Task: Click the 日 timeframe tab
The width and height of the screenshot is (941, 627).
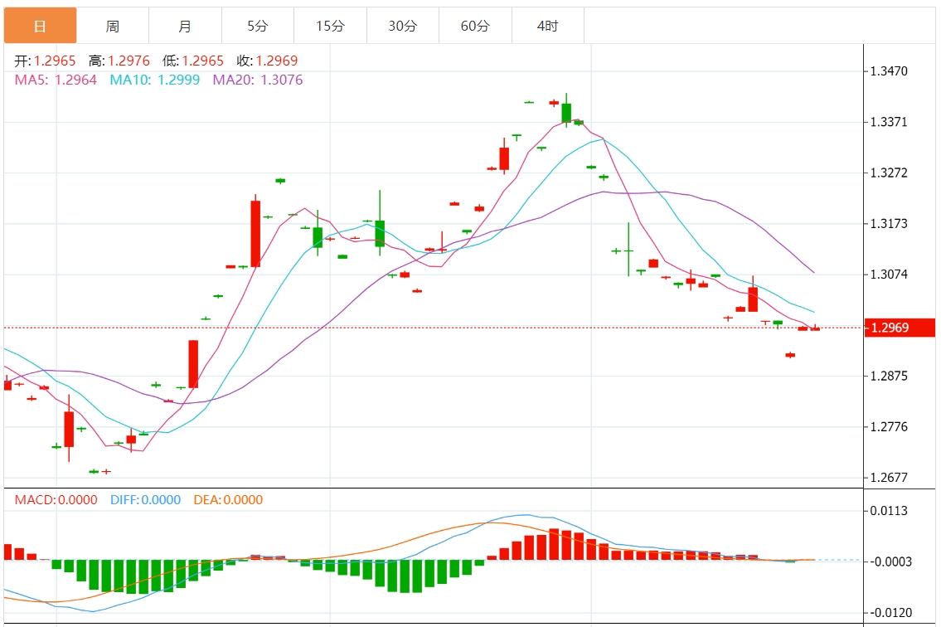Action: (40, 27)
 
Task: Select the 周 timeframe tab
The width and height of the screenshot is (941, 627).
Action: (113, 27)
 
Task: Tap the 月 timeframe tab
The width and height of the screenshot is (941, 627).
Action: (185, 27)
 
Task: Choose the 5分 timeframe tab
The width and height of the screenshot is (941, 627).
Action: (258, 27)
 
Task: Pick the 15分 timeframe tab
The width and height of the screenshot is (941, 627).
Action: (330, 27)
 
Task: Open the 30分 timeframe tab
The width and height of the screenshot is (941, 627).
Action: (403, 27)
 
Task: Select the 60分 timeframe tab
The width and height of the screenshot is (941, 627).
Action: (475, 27)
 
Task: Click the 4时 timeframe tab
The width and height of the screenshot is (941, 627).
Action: (547, 27)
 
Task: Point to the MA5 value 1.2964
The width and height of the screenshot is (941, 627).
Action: (75, 80)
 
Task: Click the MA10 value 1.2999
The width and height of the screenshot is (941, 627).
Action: (178, 80)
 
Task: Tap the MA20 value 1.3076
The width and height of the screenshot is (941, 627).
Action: (282, 80)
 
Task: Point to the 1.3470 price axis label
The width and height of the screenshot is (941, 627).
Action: (890, 72)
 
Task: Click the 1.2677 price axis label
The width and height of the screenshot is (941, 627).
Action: (890, 479)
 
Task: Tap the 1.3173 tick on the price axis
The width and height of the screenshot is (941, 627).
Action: (890, 224)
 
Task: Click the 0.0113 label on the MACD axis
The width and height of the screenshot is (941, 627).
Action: (890, 511)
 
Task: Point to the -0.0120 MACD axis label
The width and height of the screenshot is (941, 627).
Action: (890, 614)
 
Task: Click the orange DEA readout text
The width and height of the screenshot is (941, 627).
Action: (228, 500)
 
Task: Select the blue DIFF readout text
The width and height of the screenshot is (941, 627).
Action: (145, 500)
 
